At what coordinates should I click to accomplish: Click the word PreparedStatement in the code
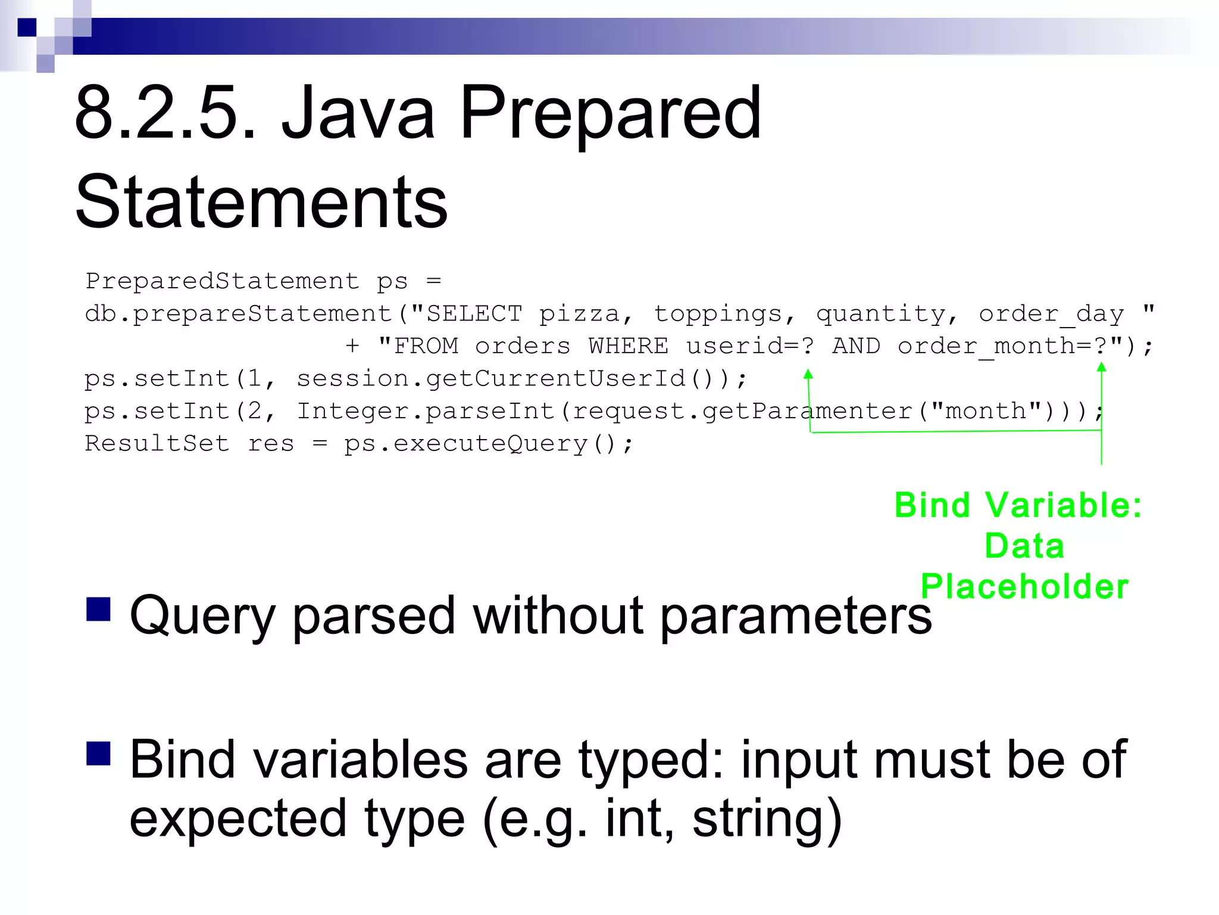coord(222,281)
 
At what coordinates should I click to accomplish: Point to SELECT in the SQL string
coord(474,314)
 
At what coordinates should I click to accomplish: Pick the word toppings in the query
coord(717,314)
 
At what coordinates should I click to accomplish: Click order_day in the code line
coord(1051,314)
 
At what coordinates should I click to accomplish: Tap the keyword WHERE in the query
coord(629,346)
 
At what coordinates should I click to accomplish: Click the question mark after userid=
coord(808,346)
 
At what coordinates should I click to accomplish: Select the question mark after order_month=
coord(1101,346)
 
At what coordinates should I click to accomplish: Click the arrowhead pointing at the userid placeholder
coord(808,374)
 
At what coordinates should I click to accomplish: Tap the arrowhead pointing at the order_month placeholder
coord(1102,367)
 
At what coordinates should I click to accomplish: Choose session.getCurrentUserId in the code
coord(491,379)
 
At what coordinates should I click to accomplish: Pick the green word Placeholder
coord(1024,586)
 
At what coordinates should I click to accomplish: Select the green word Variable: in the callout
coord(1064,506)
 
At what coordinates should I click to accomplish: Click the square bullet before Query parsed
coord(99,609)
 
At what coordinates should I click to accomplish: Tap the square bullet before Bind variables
coord(99,753)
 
